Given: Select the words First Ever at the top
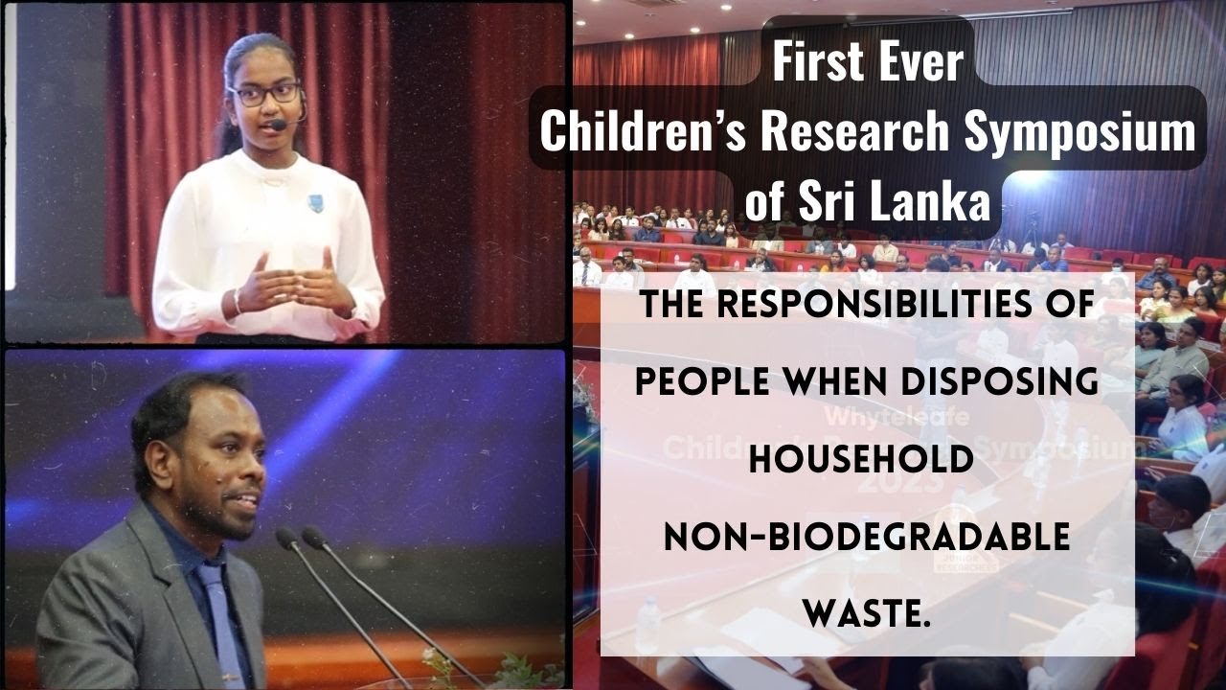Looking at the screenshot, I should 867,63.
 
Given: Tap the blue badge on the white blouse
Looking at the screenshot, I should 314,201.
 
